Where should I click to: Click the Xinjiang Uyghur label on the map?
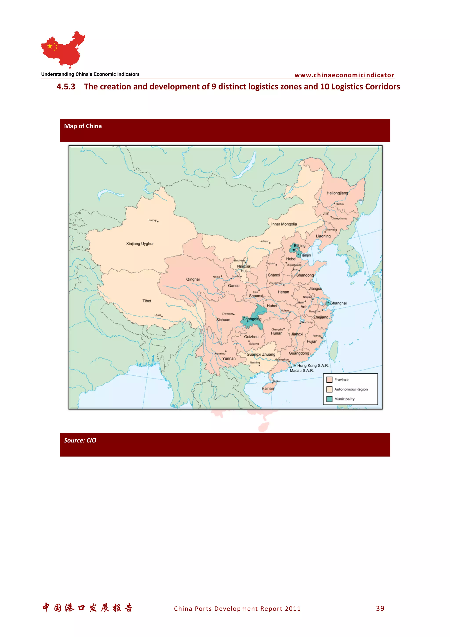pyautogui.click(x=140, y=244)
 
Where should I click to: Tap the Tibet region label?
pyautogui.click(x=147, y=301)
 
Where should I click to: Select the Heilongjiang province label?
pyautogui.click(x=337, y=193)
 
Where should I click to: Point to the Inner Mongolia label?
pyautogui.click(x=284, y=224)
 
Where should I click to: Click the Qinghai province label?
pyautogui.click(x=193, y=279)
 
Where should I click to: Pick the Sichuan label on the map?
pyautogui.click(x=223, y=320)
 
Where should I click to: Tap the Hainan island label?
pyautogui.click(x=268, y=388)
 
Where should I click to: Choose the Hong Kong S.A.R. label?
pyautogui.click(x=313, y=366)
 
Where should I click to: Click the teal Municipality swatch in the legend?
pyautogui.click(x=329, y=399)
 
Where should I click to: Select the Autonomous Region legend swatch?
pyautogui.click(x=329, y=389)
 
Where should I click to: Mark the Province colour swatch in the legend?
pyautogui.click(x=329, y=380)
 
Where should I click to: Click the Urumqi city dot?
pyautogui.click(x=158, y=222)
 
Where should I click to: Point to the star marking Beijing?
pyautogui.click(x=294, y=250)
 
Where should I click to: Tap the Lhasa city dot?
pyautogui.click(x=162, y=316)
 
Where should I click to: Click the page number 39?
pyautogui.click(x=380, y=608)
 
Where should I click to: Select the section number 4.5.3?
pyautogui.click(x=66, y=87)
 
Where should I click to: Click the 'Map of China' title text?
pyautogui.click(x=83, y=126)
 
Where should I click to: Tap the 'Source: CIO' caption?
pyautogui.click(x=80, y=440)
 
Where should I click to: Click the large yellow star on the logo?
pyautogui.click(x=50, y=46)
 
